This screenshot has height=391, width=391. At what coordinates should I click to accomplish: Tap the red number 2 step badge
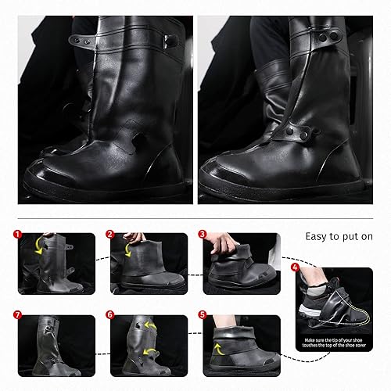pos(110,234)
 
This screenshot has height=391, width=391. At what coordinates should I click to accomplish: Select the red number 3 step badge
pos(202,234)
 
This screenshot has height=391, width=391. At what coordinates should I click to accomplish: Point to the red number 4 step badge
pos(295,267)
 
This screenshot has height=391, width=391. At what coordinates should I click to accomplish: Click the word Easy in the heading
pos(317,235)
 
